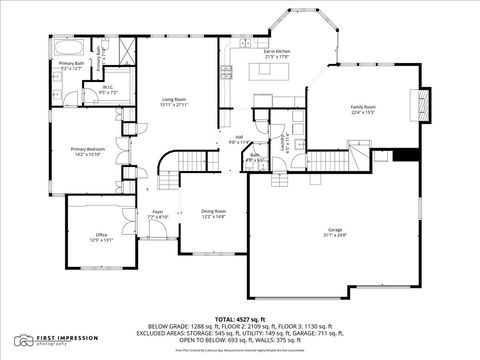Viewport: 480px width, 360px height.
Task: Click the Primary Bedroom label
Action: pos(87,152)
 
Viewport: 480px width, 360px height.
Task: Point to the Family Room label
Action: pos(363,109)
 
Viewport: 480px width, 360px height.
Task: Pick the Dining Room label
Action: pos(214,213)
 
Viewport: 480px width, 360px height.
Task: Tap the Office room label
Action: pos(101,237)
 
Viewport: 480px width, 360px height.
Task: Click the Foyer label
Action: pos(158,214)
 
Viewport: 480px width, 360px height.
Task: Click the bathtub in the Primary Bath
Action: pos(68,48)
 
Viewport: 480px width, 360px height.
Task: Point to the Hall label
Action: pos(240,139)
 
